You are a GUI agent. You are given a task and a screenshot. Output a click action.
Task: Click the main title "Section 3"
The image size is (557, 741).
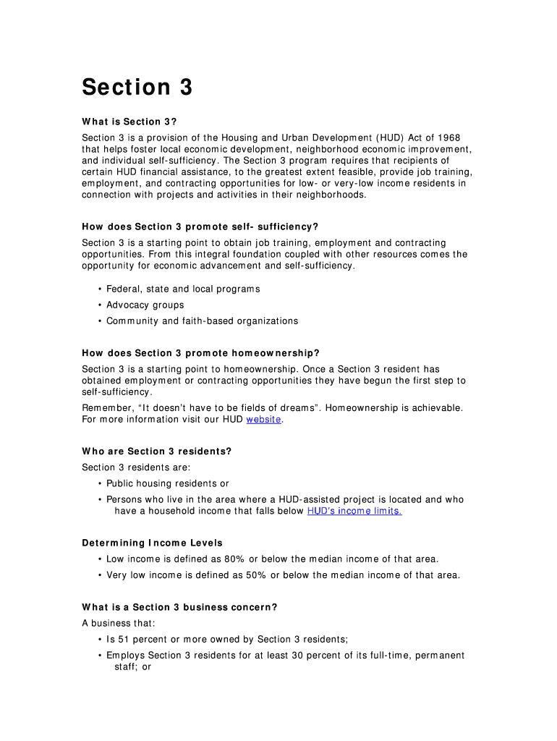(x=137, y=88)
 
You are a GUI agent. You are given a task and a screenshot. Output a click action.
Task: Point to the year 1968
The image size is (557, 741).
(x=446, y=138)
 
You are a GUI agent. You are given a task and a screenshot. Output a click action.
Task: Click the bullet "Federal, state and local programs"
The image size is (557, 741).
(x=183, y=289)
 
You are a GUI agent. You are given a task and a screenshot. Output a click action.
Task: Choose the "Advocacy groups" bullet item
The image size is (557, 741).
(x=145, y=305)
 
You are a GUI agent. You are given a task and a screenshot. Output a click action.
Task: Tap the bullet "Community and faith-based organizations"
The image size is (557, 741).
(x=202, y=321)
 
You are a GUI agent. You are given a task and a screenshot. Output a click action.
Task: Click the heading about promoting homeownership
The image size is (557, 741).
(x=200, y=353)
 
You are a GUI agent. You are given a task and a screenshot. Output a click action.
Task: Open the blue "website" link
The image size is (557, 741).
(x=263, y=419)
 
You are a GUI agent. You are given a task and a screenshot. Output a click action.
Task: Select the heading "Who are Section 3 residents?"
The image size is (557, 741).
(x=156, y=452)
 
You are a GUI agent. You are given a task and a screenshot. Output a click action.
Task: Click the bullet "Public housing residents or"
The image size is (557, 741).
(x=167, y=483)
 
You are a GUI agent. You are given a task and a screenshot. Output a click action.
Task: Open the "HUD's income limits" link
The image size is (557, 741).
(x=354, y=511)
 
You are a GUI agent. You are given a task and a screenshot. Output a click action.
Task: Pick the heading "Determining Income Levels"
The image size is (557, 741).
(x=152, y=543)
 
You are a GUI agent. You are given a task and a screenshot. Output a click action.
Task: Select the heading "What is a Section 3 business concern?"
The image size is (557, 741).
(x=179, y=608)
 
